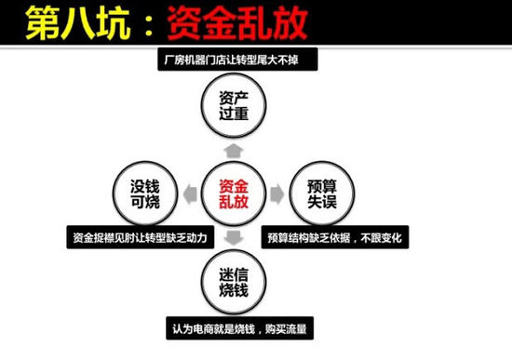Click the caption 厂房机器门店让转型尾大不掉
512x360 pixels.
(x=234, y=61)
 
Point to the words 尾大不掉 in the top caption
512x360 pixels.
(x=285, y=61)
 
